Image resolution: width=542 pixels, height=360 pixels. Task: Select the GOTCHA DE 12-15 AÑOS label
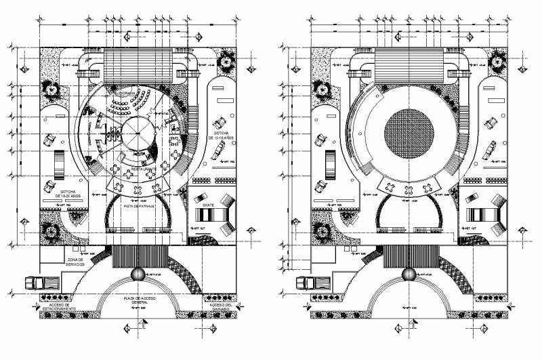pyautogui.click(x=225, y=135)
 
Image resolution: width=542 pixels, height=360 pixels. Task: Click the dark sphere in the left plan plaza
pyautogui.click(x=138, y=275)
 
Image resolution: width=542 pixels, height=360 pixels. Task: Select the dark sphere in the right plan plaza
pyautogui.click(x=409, y=275)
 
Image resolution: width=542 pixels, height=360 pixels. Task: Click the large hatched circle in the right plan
pyautogui.click(x=409, y=134)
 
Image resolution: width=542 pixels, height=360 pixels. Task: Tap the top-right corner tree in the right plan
pyautogui.click(x=497, y=63)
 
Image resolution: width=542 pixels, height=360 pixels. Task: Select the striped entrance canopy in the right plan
pyautogui.click(x=409, y=257)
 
